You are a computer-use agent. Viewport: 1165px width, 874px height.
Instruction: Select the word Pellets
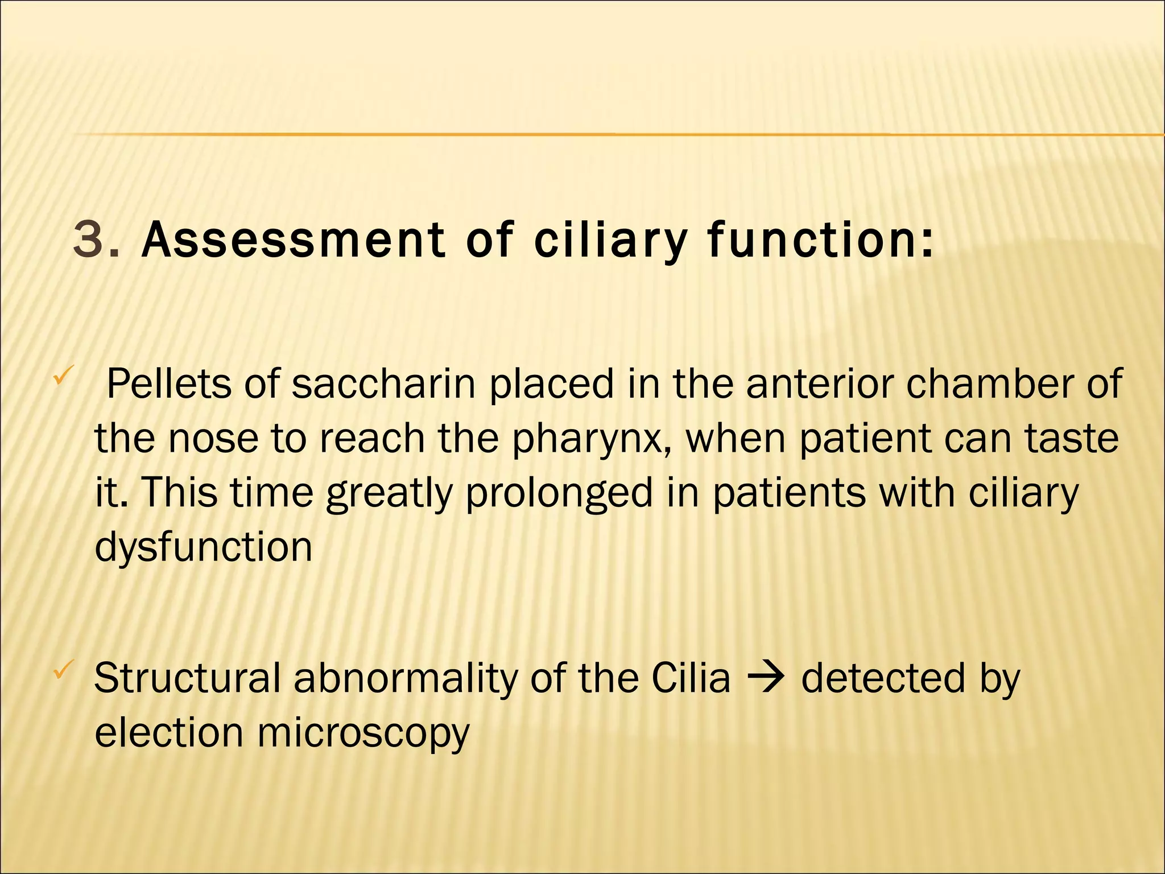[x=169, y=384]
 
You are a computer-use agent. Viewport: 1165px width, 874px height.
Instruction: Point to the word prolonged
[x=559, y=493]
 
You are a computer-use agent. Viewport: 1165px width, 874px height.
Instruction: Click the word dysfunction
[x=203, y=547]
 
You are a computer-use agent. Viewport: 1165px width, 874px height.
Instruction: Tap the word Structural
[x=187, y=678]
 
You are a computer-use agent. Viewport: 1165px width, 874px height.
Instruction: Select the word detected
[x=883, y=678]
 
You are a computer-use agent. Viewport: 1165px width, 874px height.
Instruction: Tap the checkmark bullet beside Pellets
[x=61, y=376]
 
